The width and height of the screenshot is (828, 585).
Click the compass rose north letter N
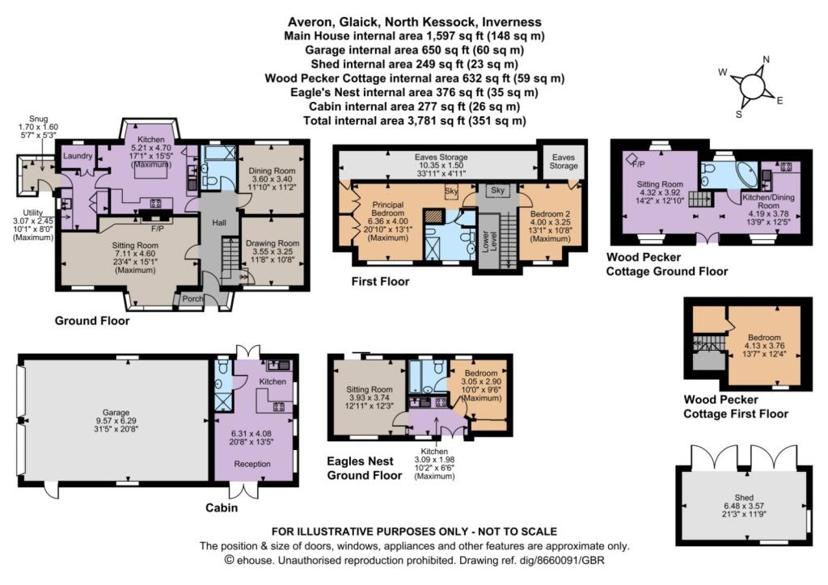pyautogui.click(x=766, y=59)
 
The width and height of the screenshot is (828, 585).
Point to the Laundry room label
pyautogui.click(x=78, y=155)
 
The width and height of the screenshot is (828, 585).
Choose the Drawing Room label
pyautogui.click(x=276, y=243)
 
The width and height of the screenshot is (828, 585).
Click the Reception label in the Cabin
pyautogui.click(x=252, y=464)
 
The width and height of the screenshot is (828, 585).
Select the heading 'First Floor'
pyautogui.click(x=380, y=282)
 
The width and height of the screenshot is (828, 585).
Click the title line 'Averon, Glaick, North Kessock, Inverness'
pyautogui.click(x=414, y=22)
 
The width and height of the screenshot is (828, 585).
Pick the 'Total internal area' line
pyautogui.click(x=414, y=120)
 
